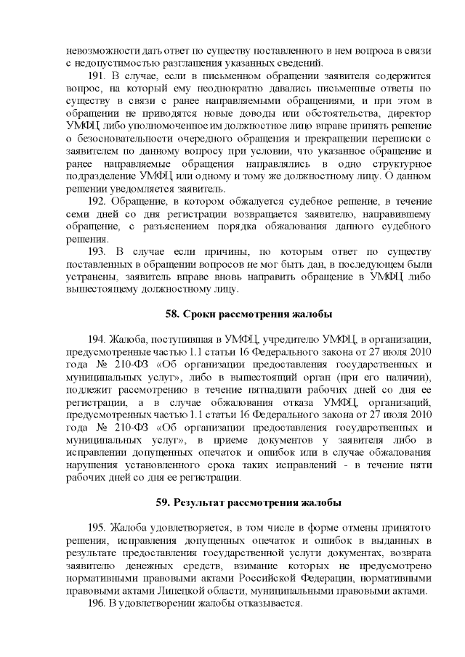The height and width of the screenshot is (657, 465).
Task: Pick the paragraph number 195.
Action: pos(97,525)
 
